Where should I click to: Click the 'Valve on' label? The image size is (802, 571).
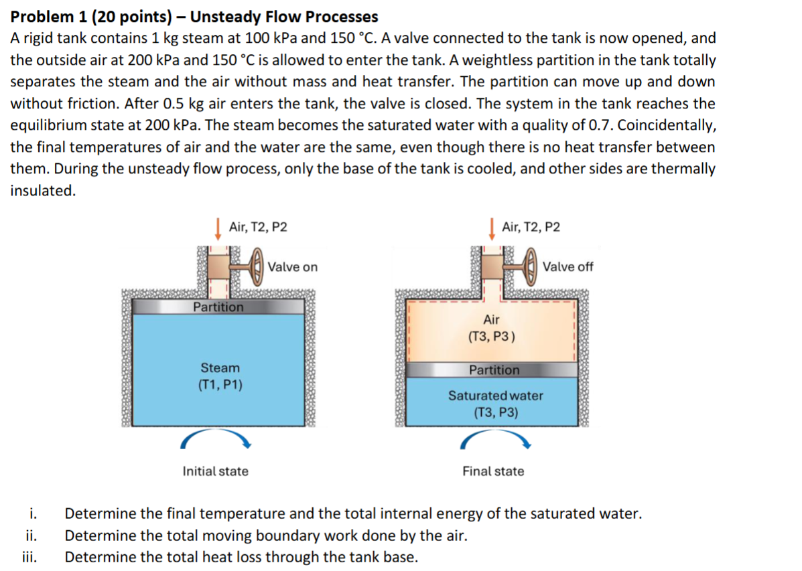[293, 267]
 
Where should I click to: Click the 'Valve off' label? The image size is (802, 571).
[567, 267]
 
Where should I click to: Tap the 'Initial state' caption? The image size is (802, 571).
[215, 471]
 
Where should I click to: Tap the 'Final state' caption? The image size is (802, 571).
[493, 471]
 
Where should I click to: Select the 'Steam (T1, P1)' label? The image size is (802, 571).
[220, 376]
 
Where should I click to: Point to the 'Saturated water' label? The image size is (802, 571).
[496, 396]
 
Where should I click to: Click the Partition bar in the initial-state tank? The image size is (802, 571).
[218, 307]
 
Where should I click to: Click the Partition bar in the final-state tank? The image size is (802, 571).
[494, 370]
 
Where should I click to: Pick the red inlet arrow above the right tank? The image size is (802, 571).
[492, 228]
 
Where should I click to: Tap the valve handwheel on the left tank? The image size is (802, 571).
[255, 267]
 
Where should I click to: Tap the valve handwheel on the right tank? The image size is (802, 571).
[531, 267]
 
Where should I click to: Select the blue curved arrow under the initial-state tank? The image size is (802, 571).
[217, 438]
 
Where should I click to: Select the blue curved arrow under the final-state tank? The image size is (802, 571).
[496, 438]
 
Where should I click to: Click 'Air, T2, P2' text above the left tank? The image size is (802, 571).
[258, 228]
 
